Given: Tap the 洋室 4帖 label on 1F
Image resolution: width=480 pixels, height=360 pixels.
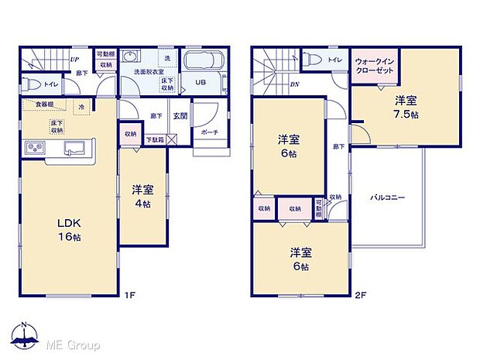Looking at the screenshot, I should click(x=142, y=195).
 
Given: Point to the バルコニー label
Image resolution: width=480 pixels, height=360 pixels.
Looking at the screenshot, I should click(x=386, y=197).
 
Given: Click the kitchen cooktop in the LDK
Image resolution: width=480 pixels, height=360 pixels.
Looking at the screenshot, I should click(x=36, y=147).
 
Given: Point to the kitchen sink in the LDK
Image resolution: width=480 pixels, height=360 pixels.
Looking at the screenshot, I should click(x=75, y=147).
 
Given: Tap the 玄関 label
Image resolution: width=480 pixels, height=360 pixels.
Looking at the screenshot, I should click(x=180, y=115).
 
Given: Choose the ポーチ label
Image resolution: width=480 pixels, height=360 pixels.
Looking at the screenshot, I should click(x=209, y=132).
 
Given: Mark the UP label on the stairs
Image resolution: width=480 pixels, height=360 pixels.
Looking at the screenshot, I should click(x=74, y=58).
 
